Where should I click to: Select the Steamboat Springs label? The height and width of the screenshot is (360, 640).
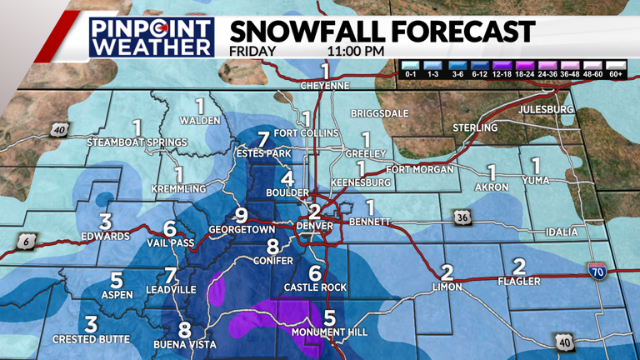(137, 142)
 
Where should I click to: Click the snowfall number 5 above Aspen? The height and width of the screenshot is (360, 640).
(117, 281)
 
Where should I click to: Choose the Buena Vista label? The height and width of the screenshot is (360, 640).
(185, 344)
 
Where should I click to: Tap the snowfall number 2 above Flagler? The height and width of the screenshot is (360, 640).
(519, 267)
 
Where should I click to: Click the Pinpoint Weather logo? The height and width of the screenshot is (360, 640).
(151, 37)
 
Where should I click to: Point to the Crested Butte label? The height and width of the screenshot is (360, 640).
(91, 339)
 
